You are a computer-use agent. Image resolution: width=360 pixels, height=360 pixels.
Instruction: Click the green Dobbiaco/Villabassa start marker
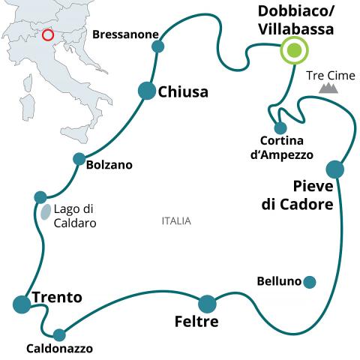coord(294,50)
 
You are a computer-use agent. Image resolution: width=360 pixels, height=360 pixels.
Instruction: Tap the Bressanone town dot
coord(158,46)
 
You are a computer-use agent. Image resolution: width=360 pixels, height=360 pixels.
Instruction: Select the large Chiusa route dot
coord(147,91)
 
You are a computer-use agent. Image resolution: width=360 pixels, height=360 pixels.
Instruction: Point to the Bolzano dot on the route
coord(79,159)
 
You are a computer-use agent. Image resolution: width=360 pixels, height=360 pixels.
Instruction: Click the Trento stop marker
coord(22,304)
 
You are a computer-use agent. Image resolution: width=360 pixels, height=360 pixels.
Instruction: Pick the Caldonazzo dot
coord(59,335)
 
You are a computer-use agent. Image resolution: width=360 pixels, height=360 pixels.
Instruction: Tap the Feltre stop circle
coord(207,304)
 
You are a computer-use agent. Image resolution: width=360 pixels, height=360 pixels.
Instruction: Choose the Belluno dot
coord(310,282)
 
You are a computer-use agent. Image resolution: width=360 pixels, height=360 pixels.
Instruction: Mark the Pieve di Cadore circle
coord(335,169)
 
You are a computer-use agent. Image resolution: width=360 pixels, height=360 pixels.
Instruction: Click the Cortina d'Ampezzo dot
coord(280,128)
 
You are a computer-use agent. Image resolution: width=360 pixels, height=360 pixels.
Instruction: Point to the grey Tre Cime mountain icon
coord(328,88)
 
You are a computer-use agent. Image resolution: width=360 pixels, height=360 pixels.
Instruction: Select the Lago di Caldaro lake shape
coord(46,212)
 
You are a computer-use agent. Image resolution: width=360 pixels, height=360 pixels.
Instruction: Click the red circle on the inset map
coord(47,35)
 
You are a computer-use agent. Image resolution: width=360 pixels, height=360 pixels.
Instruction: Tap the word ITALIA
coord(176,221)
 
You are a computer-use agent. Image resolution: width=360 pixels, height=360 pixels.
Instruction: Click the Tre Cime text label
coord(331,76)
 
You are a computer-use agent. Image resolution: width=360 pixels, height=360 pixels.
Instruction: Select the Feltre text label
coord(196,322)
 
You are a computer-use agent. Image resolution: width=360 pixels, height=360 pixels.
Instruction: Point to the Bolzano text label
coord(109,165)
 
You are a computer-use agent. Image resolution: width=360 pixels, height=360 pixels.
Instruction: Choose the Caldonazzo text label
coord(59,349)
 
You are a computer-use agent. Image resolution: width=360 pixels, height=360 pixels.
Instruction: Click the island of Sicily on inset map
coord(75,134)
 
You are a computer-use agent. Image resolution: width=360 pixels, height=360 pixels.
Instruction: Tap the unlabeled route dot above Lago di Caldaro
coord(40,197)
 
